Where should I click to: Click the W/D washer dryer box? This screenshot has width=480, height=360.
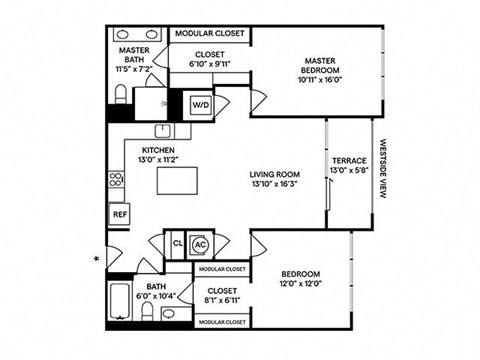pos(200,103)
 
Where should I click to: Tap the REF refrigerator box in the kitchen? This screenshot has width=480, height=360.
pos(120,214)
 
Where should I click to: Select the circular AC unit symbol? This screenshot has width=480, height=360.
pos(199,243)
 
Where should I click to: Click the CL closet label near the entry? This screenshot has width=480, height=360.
pos(177,243)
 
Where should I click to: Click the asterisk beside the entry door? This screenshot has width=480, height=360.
pos(97,260)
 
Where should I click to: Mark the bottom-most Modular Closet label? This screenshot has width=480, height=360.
pos(221,323)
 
